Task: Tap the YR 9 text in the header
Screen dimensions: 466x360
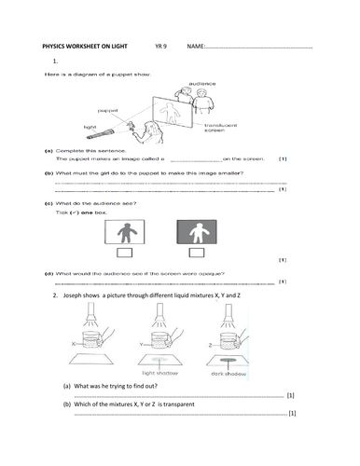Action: [161, 46]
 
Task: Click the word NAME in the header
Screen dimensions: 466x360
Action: [197, 46]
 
